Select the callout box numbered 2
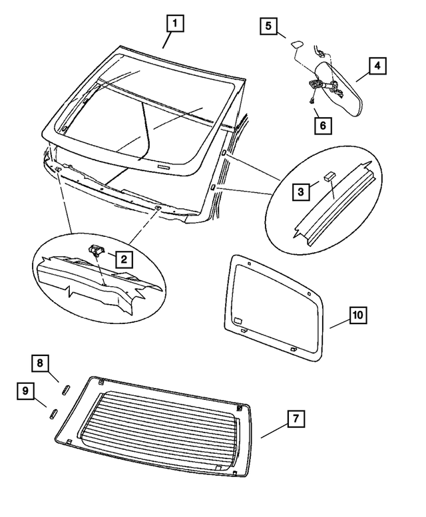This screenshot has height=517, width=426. (124, 258)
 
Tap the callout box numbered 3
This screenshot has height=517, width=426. (302, 192)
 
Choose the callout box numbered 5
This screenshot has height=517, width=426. (268, 27)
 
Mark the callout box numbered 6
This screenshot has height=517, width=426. (322, 124)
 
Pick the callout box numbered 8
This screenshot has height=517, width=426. (40, 363)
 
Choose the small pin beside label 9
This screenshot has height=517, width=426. (52, 414)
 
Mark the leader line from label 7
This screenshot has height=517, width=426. (273, 429)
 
